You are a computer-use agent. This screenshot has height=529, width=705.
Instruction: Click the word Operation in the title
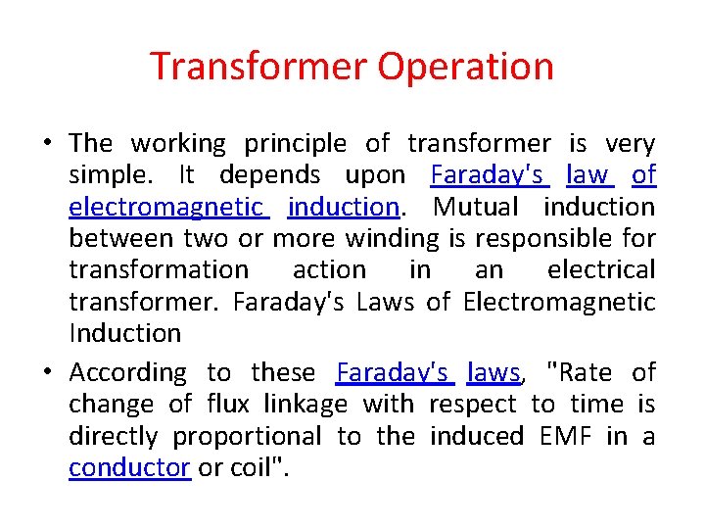tap(465, 68)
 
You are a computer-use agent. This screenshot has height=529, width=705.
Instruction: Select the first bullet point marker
tap(47, 143)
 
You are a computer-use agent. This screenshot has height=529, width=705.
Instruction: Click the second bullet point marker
tap(47, 372)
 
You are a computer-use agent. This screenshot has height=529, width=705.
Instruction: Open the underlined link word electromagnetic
tap(167, 207)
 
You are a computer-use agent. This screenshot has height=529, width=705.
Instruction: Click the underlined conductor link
tap(129, 467)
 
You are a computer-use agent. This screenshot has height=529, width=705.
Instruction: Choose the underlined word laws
tap(494, 372)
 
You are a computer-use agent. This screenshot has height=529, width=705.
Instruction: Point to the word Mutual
tap(477, 207)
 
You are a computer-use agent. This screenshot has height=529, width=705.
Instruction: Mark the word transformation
tap(159, 269)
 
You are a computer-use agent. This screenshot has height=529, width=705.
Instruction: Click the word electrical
tap(600, 269)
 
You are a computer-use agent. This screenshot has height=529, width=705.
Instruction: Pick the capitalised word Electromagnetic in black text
tap(559, 302)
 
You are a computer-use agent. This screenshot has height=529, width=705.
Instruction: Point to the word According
tap(127, 372)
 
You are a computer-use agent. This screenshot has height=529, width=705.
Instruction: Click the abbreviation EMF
tap(565, 436)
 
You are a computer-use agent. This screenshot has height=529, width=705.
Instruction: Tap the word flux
tap(228, 404)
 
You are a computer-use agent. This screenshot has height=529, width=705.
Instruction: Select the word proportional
tap(247, 436)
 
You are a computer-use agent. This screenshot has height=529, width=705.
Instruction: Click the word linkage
tap(306, 404)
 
